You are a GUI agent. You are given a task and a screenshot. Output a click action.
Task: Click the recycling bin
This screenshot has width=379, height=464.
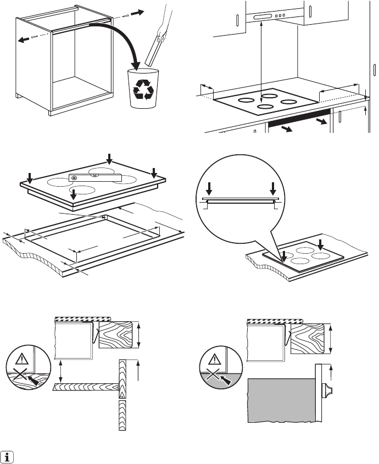tap(142, 88)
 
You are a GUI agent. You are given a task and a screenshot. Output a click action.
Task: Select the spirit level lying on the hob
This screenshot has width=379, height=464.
tap(94, 176)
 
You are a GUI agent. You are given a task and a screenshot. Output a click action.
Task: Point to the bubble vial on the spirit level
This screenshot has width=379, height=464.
tap(94, 176)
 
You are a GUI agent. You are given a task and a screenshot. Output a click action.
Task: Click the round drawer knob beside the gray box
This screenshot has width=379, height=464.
tap(326, 391)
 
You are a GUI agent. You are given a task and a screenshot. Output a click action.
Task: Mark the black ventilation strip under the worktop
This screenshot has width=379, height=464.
tap(299, 120)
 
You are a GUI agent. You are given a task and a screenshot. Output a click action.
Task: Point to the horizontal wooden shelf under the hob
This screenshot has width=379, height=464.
tap(85, 387)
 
